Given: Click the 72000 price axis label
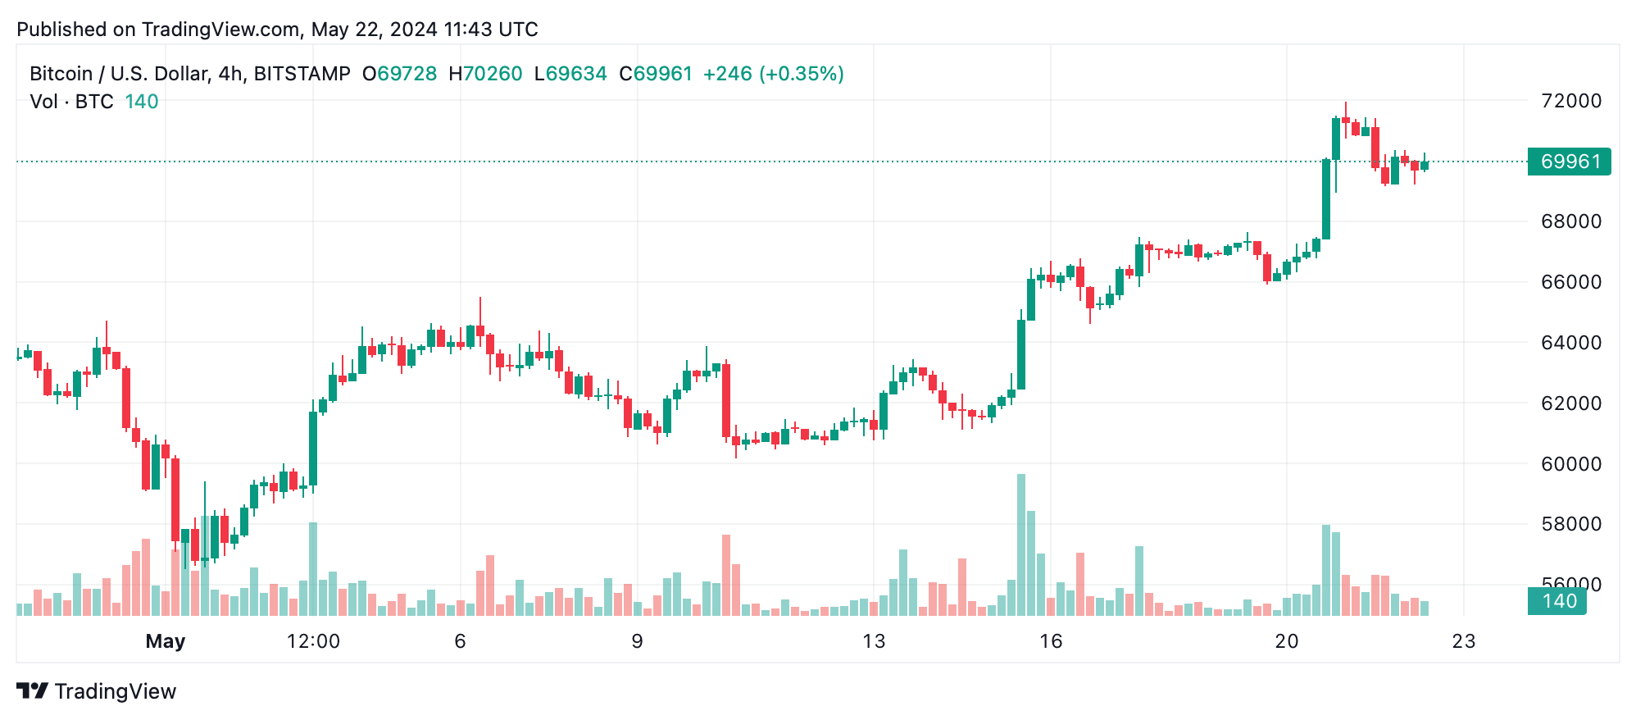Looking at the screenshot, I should [x=1570, y=101].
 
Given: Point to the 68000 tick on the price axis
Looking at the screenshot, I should [x=1570, y=221].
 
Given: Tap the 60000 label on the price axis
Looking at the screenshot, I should [x=1570, y=464].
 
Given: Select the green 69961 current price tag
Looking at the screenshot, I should [x=1569, y=162].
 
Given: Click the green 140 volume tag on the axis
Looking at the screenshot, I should [x=1557, y=601].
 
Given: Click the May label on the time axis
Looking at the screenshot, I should [x=166, y=641].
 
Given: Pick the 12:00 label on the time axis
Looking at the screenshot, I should [x=313, y=641].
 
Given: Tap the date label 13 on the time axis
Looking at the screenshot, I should [x=874, y=641].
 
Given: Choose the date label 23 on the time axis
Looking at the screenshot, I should [x=1464, y=641].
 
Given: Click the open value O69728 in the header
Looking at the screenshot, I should [x=400, y=74].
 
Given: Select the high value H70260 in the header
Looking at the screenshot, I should [x=485, y=74].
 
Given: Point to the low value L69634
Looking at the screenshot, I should [x=570, y=74].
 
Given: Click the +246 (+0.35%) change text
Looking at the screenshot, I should [x=773, y=74].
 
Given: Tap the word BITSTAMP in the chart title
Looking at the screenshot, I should [x=302, y=74].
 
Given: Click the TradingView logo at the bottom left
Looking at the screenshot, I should [x=97, y=691].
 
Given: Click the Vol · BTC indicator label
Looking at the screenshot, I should [x=71, y=102].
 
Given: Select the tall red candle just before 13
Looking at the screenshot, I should [x=726, y=400].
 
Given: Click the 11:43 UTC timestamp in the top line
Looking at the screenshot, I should [x=490, y=30].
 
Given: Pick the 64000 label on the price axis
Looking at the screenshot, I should [x=1570, y=343].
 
